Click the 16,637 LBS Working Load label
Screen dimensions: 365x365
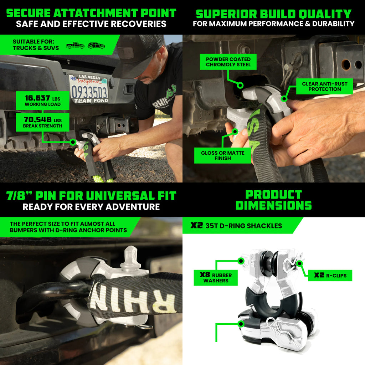pyautogui.click(x=43, y=101)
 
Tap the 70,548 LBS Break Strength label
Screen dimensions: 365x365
pyautogui.click(x=43, y=122)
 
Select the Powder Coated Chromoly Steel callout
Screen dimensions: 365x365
pyautogui.click(x=228, y=62)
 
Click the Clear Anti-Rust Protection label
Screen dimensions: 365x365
pyautogui.click(x=324, y=86)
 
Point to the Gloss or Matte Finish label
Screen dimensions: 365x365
pyautogui.click(x=222, y=155)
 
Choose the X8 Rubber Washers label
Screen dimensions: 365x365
pyautogui.click(x=216, y=278)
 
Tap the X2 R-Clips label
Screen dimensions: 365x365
pyautogui.click(x=330, y=276)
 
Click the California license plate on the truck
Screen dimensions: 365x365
pyautogui.click(x=89, y=89)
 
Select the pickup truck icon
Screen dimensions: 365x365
pyautogui.click(x=75, y=45)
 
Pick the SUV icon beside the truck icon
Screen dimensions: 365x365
pyautogui.click(x=96, y=45)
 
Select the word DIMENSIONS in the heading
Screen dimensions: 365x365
pyautogui.click(x=274, y=205)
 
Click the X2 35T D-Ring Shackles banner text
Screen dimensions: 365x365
pyautogui.click(x=236, y=226)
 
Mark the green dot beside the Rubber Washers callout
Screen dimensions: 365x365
pyautogui.click(x=241, y=261)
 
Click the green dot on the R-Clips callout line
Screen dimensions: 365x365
pyautogui.click(x=299, y=263)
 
